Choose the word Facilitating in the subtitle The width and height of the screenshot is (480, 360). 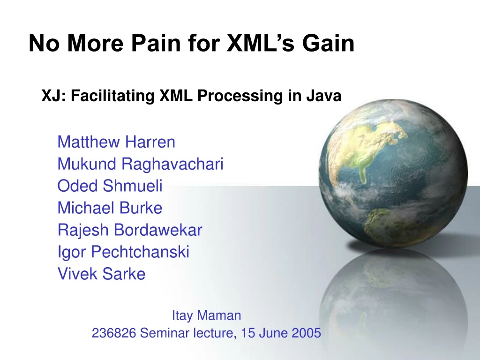point(113,96)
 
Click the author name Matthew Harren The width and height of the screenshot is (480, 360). point(116,142)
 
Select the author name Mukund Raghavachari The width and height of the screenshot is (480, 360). point(140,164)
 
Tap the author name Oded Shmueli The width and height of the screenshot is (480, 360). point(110,186)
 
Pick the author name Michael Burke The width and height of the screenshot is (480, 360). point(110,208)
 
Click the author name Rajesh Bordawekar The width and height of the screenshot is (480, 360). point(130,230)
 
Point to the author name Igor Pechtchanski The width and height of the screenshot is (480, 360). point(123,252)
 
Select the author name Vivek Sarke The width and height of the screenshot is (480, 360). point(101,274)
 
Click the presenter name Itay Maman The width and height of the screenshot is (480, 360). point(206,315)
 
